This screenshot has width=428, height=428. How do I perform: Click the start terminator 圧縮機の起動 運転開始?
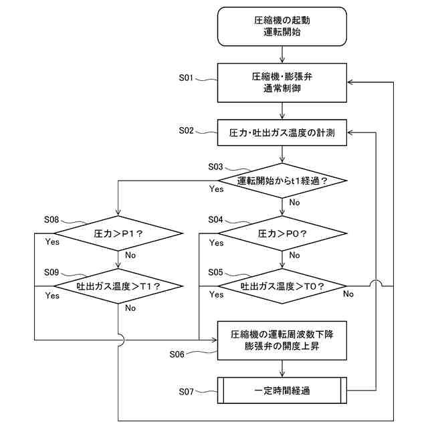tap(282, 27)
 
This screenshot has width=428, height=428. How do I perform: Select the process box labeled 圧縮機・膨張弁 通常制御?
tap(282, 83)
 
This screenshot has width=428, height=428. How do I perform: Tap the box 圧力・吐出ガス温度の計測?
tap(282, 132)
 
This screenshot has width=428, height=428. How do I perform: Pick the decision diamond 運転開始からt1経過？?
tap(282, 181)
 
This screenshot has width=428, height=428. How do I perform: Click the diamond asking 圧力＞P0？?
tap(282, 233)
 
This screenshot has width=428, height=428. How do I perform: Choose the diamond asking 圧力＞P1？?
tap(118, 233)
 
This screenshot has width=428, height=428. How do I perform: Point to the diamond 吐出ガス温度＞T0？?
tap(282, 286)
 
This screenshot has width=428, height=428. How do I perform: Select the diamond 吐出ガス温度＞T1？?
tap(118, 286)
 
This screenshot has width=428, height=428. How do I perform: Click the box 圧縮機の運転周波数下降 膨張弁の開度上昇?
tap(282, 340)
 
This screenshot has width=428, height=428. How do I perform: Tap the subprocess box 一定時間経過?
tap(282, 391)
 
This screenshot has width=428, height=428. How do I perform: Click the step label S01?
tap(186, 78)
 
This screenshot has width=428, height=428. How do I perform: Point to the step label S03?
tap(215, 167)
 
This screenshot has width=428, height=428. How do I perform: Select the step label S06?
tap(177, 354)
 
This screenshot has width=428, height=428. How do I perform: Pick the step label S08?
tap(51, 219)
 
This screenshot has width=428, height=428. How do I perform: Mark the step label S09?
tap(51, 272)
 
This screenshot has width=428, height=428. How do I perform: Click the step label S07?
tap(186, 392)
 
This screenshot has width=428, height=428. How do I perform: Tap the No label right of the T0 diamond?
tap(348, 294)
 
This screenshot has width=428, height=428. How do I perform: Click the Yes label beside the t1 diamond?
tap(216, 189)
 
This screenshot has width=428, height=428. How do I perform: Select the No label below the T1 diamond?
tap(130, 308)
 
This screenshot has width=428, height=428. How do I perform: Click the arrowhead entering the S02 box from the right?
tap(350, 132)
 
